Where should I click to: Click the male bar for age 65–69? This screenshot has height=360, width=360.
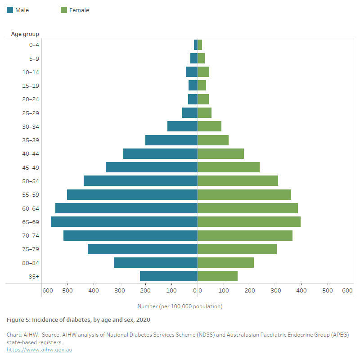[x=124, y=221]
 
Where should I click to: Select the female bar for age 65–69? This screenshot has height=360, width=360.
[x=249, y=221]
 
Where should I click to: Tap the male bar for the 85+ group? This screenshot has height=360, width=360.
[x=169, y=276]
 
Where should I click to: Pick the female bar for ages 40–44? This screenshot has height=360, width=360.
[x=220, y=153]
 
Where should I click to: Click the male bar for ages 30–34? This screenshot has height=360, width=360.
[x=182, y=126]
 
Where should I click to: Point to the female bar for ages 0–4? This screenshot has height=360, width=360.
[x=200, y=45]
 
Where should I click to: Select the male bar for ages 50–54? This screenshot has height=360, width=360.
[x=140, y=180]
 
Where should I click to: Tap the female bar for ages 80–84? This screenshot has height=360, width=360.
[x=225, y=262]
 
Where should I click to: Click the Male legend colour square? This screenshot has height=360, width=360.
[x=10, y=10]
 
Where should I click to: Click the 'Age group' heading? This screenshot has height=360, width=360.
[x=25, y=34]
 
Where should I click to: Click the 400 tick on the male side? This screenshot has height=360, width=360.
[x=94, y=291]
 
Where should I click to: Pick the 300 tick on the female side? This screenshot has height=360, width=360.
[x=275, y=291]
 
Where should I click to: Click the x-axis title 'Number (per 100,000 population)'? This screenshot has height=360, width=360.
[x=180, y=306]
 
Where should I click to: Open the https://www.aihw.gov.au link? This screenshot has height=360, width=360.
[x=39, y=350]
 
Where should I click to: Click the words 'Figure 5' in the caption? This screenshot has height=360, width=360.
[x=18, y=320]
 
